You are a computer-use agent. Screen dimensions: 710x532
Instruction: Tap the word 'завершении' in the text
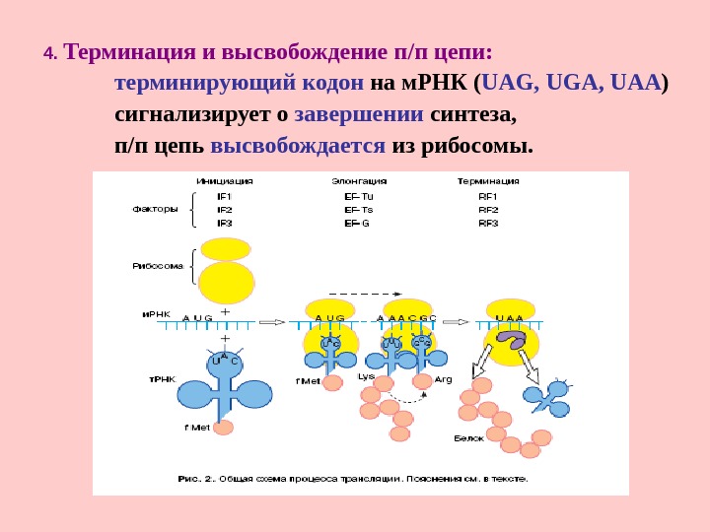click(359, 114)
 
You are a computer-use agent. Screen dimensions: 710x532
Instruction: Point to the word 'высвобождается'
click(297, 146)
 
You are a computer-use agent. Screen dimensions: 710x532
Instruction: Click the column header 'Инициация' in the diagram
click(224, 181)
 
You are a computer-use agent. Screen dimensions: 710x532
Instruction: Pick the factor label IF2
click(224, 210)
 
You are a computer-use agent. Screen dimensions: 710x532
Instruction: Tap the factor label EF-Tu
click(359, 196)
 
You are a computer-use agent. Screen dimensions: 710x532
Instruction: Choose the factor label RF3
click(488, 223)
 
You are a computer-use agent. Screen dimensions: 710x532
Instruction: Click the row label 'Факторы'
click(156, 209)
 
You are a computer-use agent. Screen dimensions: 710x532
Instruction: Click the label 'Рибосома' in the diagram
click(158, 266)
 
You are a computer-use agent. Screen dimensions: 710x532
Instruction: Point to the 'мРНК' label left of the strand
click(157, 314)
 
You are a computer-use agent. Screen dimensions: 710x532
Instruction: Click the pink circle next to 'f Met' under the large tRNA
click(224, 428)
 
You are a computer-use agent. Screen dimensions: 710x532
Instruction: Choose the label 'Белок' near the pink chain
click(468, 437)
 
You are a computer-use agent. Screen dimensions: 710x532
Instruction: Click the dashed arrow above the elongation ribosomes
click(364, 293)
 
